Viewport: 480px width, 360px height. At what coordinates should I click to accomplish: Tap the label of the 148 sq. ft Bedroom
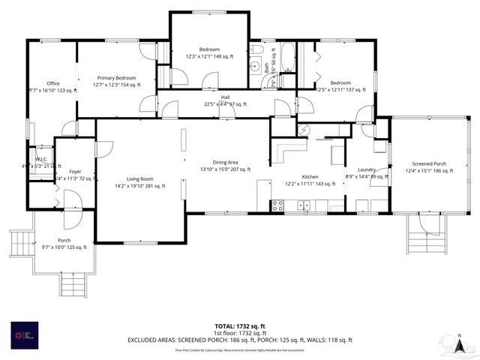(209, 52)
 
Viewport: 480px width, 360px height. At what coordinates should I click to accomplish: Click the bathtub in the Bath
(287, 61)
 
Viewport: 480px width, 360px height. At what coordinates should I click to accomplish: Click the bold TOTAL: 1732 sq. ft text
(240, 326)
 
